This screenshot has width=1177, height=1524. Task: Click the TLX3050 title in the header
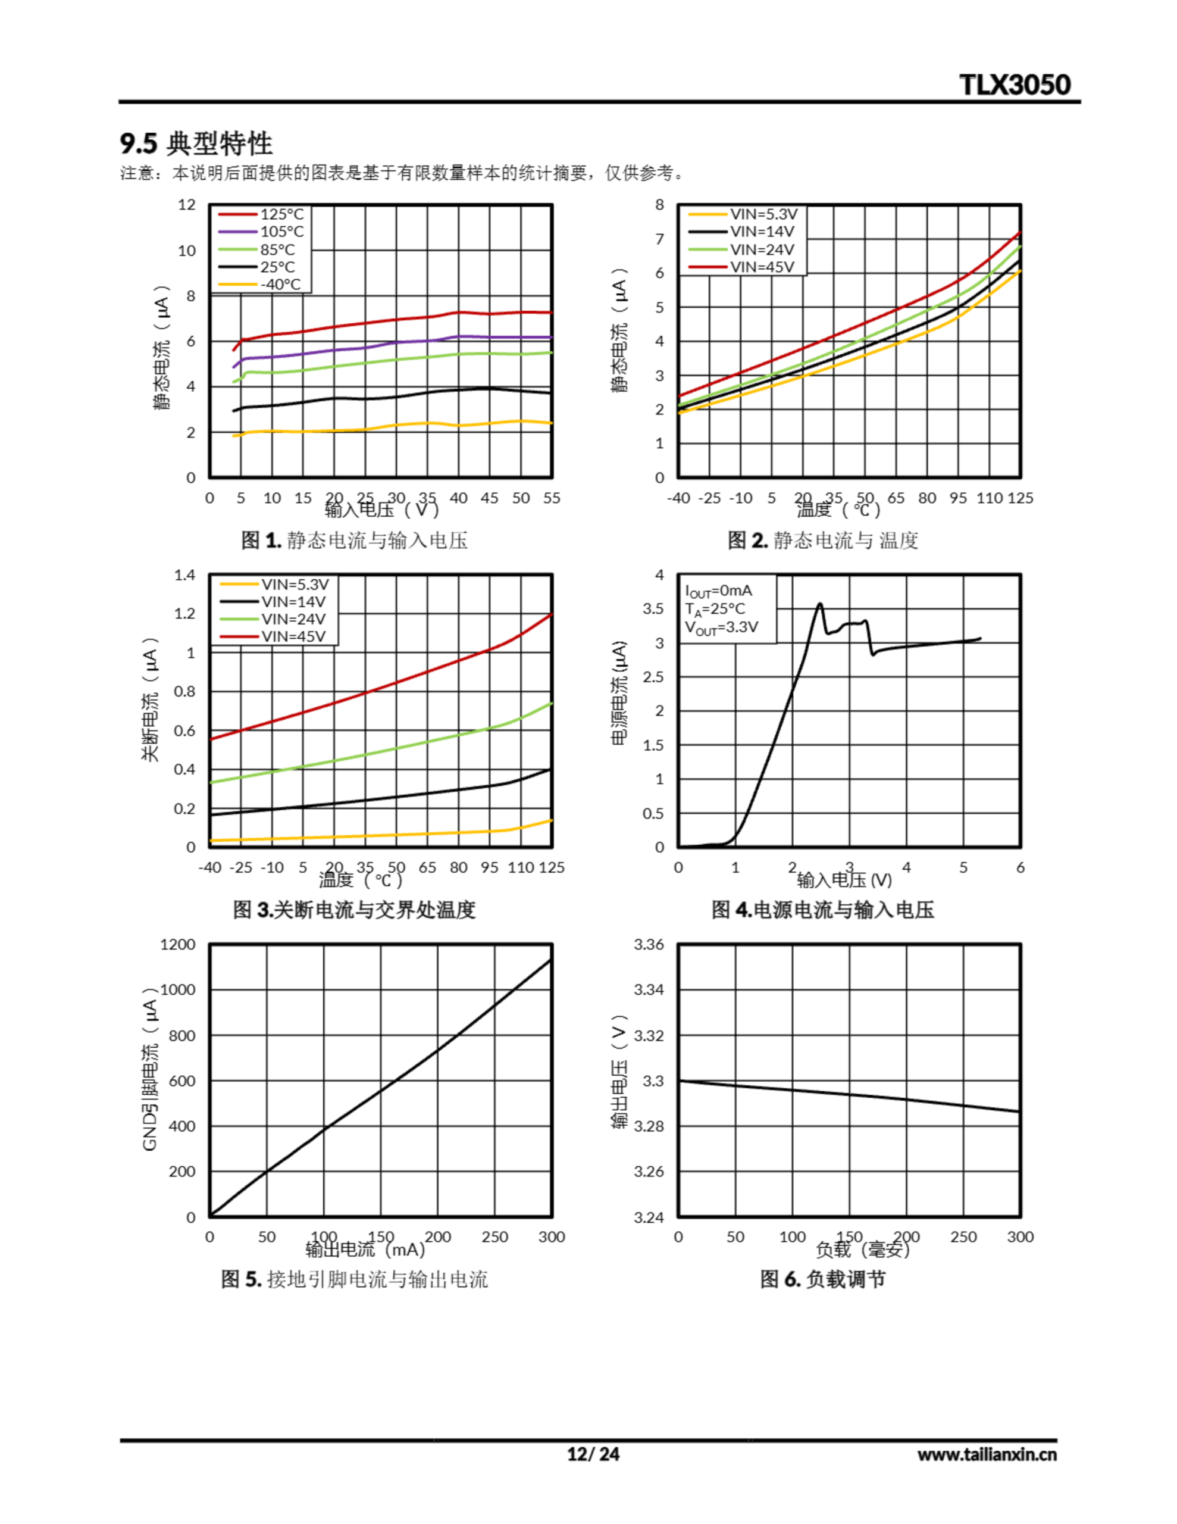(1015, 85)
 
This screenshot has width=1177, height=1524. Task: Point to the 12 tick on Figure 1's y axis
(186, 204)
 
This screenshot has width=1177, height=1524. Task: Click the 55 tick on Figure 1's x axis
(551, 498)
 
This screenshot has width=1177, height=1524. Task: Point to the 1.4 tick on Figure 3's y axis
(184, 575)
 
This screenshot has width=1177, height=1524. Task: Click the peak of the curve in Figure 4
(820, 604)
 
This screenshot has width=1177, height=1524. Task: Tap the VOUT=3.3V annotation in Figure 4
(721, 627)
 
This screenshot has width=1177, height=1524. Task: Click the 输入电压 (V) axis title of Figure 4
(844, 880)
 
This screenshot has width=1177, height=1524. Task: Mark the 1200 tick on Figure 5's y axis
(178, 944)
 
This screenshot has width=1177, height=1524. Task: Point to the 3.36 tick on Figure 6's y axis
(648, 944)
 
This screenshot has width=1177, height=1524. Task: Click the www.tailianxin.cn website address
(987, 1455)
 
